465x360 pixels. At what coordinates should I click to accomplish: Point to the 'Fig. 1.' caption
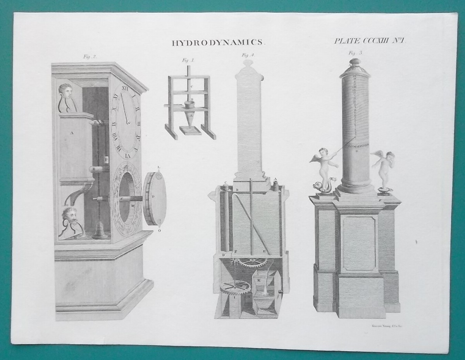188,60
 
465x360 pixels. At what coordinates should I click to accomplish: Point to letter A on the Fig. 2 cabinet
72,133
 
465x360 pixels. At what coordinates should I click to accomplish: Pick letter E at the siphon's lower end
264,251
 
